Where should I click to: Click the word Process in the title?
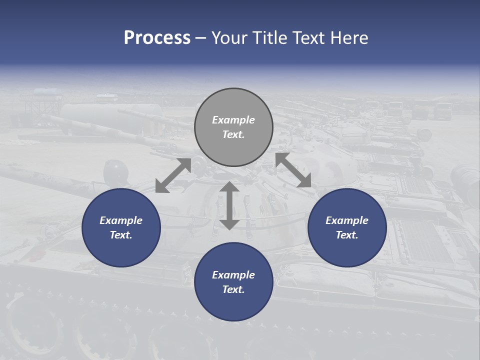click(x=157, y=38)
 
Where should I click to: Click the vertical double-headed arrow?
click(x=229, y=205)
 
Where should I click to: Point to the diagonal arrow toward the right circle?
click(x=293, y=170)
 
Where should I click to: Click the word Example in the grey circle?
click(x=233, y=120)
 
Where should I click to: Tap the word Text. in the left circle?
click(x=121, y=235)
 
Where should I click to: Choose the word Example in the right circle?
click(x=347, y=220)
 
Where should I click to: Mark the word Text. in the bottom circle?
click(x=233, y=289)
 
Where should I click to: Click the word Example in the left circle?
click(x=121, y=220)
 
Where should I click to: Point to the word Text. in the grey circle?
click(x=233, y=134)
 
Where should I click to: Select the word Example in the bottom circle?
click(x=233, y=275)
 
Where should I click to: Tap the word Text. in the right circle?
click(x=347, y=235)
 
